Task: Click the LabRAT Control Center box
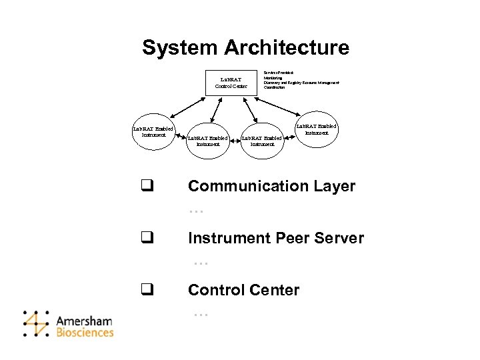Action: click(x=231, y=83)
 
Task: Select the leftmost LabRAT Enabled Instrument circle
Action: click(x=153, y=131)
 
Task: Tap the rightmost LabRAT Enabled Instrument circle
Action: click(x=317, y=129)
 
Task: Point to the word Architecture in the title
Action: click(x=287, y=48)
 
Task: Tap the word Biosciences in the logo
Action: click(x=85, y=332)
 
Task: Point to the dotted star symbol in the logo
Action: click(x=35, y=323)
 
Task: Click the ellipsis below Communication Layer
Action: click(x=195, y=211)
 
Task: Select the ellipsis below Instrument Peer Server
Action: click(x=201, y=263)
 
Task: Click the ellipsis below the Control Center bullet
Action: click(x=201, y=313)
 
